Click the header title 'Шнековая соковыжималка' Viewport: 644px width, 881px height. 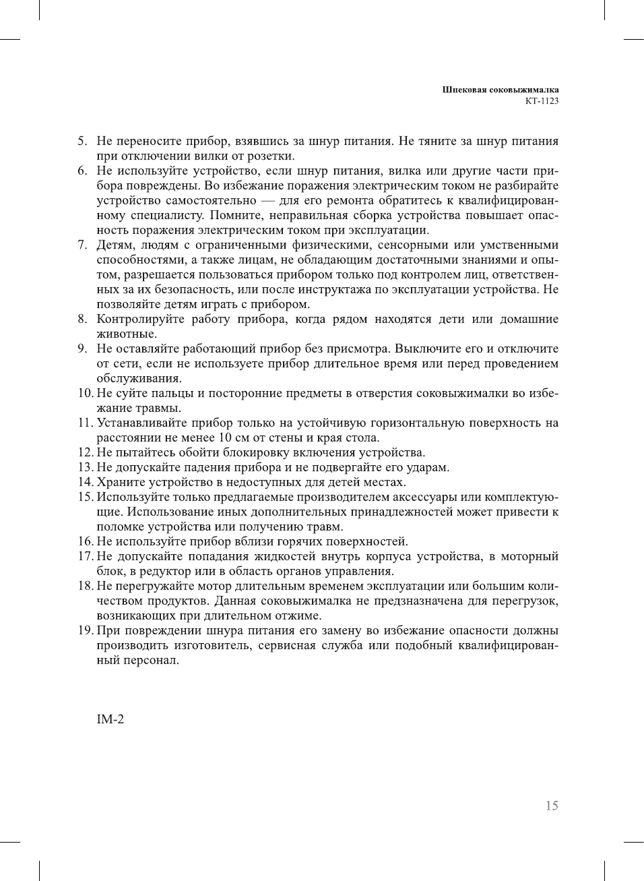pyautogui.click(x=501, y=90)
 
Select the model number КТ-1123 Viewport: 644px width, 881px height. pyautogui.click(x=542, y=101)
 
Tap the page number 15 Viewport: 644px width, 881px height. pyautogui.click(x=552, y=806)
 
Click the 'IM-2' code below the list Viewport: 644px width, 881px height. pyautogui.click(x=110, y=719)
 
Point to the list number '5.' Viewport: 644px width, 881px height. pyautogui.click(x=82, y=141)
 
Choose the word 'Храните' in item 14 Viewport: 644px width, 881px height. pyautogui.click(x=121, y=482)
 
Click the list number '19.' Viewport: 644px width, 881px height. pyautogui.click(x=86, y=630)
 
